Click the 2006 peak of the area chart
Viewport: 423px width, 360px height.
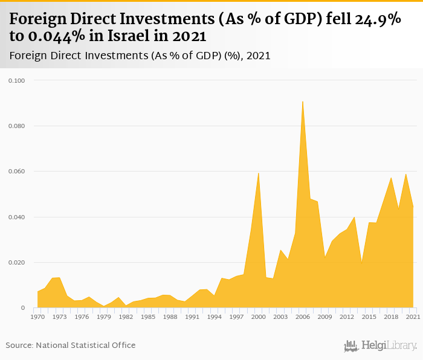(x=302, y=102)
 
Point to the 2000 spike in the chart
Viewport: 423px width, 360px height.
(x=259, y=174)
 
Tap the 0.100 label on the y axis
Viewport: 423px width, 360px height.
(x=16, y=80)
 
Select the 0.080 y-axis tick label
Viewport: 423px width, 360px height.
(x=16, y=126)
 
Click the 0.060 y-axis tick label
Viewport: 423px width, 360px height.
(x=16, y=172)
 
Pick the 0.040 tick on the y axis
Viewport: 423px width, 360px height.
(x=16, y=217)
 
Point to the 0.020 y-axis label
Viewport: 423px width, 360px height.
(x=16, y=263)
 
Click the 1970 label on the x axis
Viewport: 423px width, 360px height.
(x=37, y=317)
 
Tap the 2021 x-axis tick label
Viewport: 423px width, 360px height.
(x=413, y=317)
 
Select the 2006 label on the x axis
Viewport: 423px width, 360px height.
(x=302, y=317)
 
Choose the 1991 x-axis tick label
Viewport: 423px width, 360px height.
(x=192, y=317)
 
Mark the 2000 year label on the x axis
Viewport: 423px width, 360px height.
(x=258, y=317)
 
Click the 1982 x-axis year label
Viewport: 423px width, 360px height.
(x=126, y=317)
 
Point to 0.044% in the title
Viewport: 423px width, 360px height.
(x=55, y=36)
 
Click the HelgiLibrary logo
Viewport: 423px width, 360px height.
(x=381, y=346)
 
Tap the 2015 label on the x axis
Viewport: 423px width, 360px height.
(x=369, y=317)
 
